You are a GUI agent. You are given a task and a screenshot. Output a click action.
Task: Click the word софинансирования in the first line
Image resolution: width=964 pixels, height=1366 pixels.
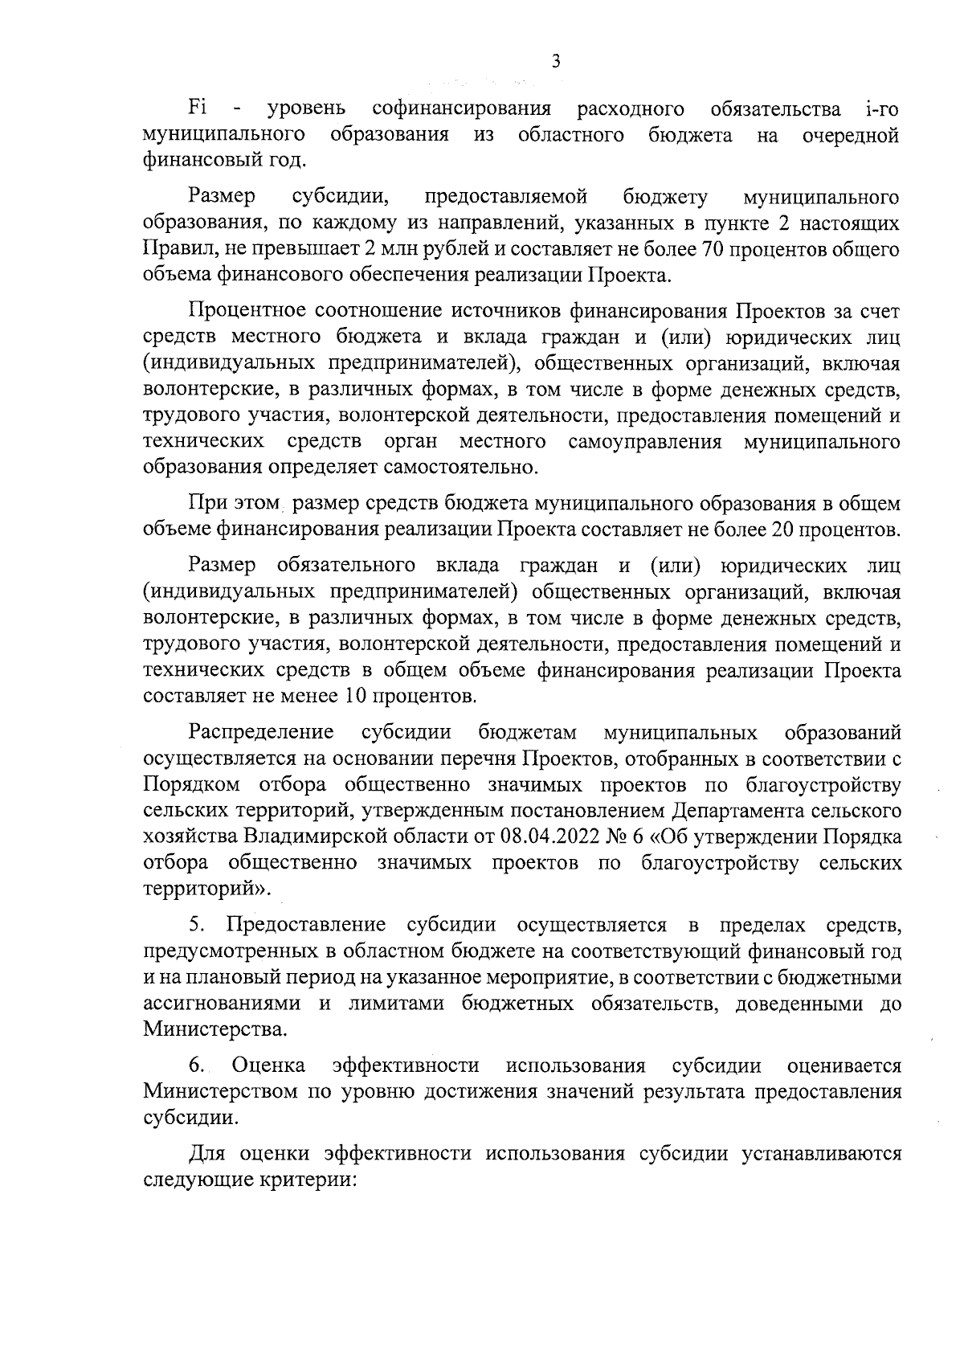tap(462, 108)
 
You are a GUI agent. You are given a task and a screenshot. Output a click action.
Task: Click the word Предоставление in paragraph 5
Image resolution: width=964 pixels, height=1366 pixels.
tap(306, 925)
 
